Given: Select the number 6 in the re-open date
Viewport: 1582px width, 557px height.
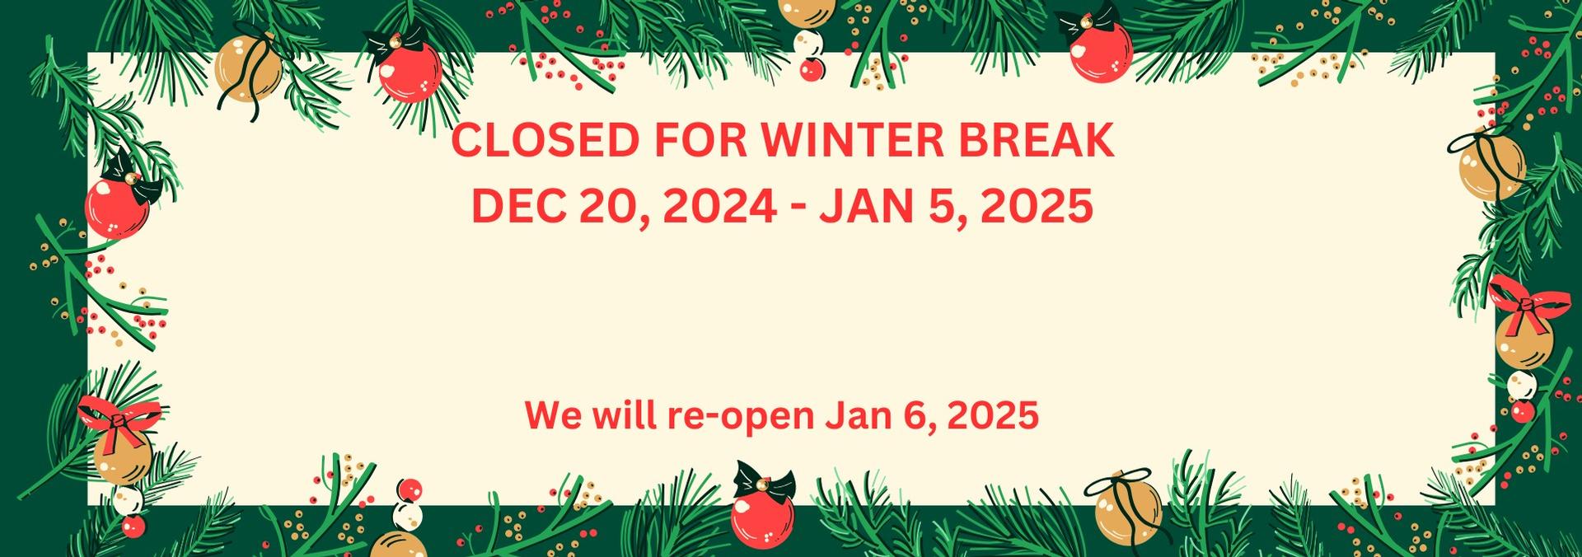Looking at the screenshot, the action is (x=922, y=415).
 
